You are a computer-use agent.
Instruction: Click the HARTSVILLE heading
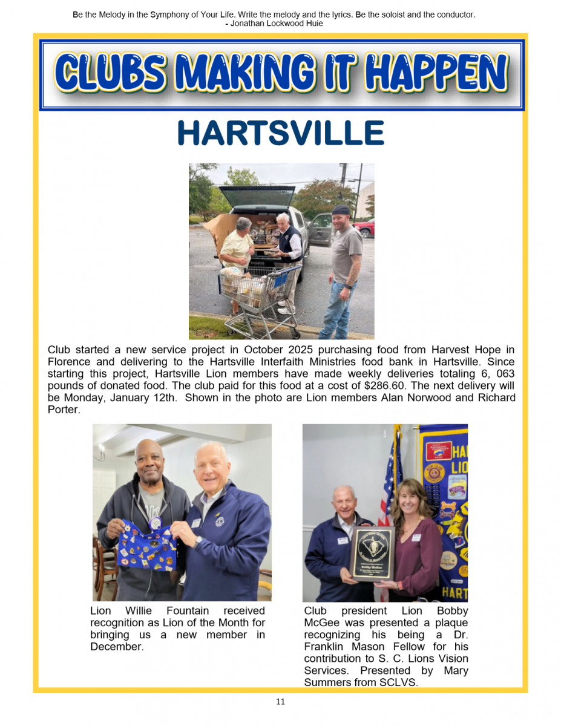coord(281,134)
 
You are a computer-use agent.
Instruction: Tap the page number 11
coord(280,702)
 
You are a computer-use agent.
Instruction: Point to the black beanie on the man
coord(341,210)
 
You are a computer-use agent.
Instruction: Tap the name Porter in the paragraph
coord(62,410)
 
